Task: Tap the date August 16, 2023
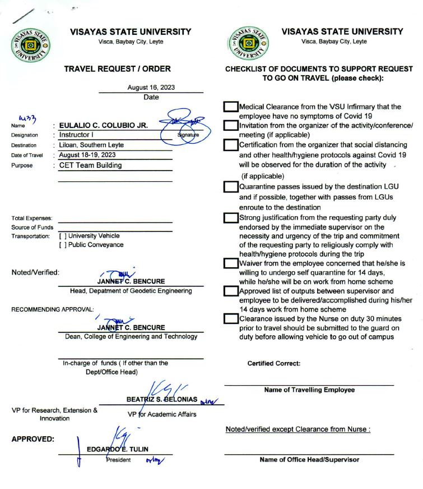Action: tap(151, 88)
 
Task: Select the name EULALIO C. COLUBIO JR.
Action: tap(104, 126)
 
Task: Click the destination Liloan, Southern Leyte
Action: tap(91, 145)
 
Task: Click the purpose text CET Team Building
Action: tap(90, 165)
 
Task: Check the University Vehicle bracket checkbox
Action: tap(63, 236)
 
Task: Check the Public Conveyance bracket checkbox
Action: tap(63, 245)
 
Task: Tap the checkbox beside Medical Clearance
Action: tap(230, 107)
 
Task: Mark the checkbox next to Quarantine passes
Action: tap(230, 187)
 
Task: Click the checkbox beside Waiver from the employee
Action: tap(230, 263)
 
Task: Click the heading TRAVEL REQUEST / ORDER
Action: tap(117, 69)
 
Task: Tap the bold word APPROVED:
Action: tap(32, 439)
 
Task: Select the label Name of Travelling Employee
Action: tap(309, 390)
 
